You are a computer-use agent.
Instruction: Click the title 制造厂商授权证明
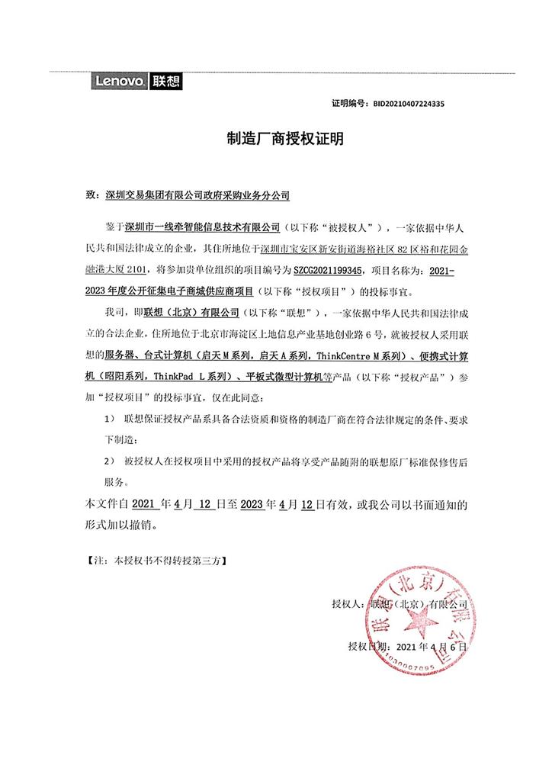275,139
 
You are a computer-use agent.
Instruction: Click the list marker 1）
108,419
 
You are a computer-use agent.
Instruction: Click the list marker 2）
108,462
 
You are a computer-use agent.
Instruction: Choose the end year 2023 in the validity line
252,505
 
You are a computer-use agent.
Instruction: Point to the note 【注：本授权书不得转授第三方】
156,559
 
